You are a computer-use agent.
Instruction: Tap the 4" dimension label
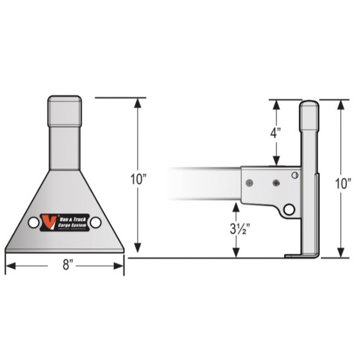point(276,133)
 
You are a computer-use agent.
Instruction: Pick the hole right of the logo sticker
point(95,222)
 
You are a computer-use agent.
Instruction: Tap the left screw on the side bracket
point(249,183)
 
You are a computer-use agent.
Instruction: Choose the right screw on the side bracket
point(276,183)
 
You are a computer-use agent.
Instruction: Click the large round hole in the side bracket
point(289,209)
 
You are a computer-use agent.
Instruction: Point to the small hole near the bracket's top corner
point(295,175)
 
